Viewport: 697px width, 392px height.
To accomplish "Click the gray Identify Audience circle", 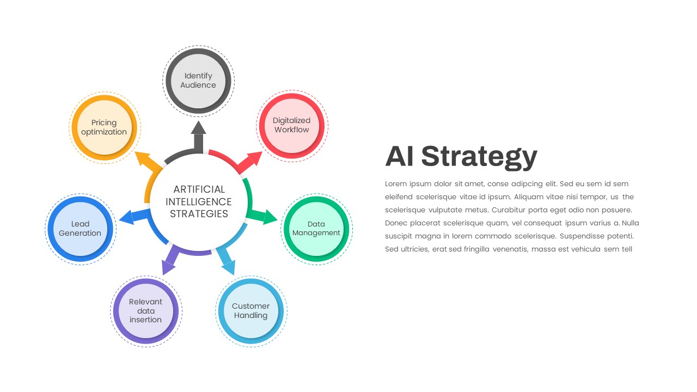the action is pos(199,81).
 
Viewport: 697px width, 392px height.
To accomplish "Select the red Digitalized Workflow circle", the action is pos(292,126).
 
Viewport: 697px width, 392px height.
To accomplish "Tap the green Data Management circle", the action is pos(316,229).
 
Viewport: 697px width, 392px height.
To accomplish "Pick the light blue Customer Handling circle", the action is pos(251,311).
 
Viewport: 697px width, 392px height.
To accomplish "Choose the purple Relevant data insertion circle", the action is pos(146,311).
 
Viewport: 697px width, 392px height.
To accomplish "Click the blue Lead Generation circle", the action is pos(81,229).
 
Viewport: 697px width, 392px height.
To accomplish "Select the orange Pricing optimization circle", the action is pos(105,127).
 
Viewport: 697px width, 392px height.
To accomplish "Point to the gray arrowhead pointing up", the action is pos(199,127).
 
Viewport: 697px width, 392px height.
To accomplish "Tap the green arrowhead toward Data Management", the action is pos(270,217).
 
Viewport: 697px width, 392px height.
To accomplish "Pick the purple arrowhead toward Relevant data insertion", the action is pos(168,267).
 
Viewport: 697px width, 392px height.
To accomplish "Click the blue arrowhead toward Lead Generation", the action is pos(127,217).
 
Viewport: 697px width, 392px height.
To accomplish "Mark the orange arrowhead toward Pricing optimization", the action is pos(143,158).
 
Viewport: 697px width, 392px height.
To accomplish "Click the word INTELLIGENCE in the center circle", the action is pos(199,202).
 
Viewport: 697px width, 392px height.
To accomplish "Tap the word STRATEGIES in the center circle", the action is pos(199,214).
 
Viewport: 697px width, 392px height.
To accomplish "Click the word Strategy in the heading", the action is pos(479,157).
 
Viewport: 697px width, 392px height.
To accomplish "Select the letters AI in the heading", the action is pos(400,156).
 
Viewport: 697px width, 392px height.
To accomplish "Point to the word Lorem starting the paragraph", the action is pos(396,184).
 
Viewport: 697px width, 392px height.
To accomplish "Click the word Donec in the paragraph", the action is pos(396,223).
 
